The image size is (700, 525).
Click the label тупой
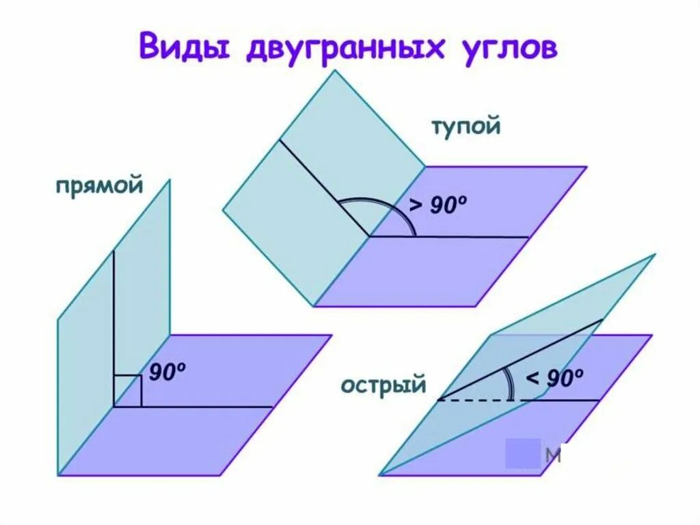click(466, 127)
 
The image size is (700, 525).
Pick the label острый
click(383, 385)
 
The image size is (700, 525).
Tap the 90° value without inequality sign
click(167, 372)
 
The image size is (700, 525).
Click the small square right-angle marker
click(128, 391)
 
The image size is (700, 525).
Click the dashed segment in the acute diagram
click(482, 400)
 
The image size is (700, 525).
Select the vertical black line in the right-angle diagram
click(114, 322)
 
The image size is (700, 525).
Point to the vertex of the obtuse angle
click(369, 236)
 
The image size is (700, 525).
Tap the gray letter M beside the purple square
click(554, 455)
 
